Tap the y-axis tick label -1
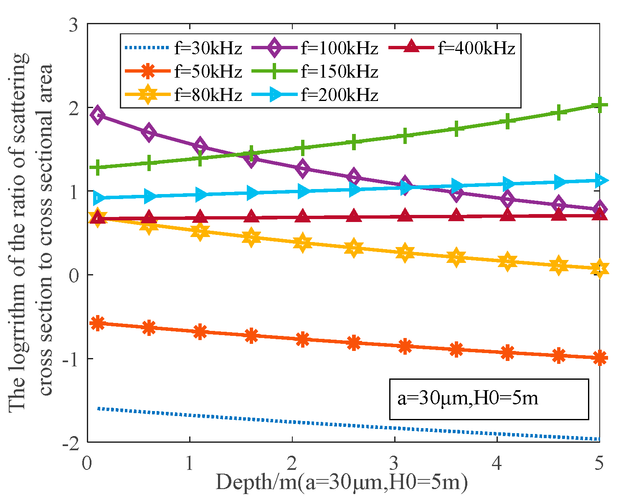coord(71,359)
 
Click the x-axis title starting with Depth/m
coord(341,483)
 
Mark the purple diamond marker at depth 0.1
coord(98,115)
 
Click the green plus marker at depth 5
coord(600,105)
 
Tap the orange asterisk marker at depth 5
coord(600,358)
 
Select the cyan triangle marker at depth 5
coord(601,180)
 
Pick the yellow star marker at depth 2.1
coord(302,243)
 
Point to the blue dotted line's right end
coord(600,439)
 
